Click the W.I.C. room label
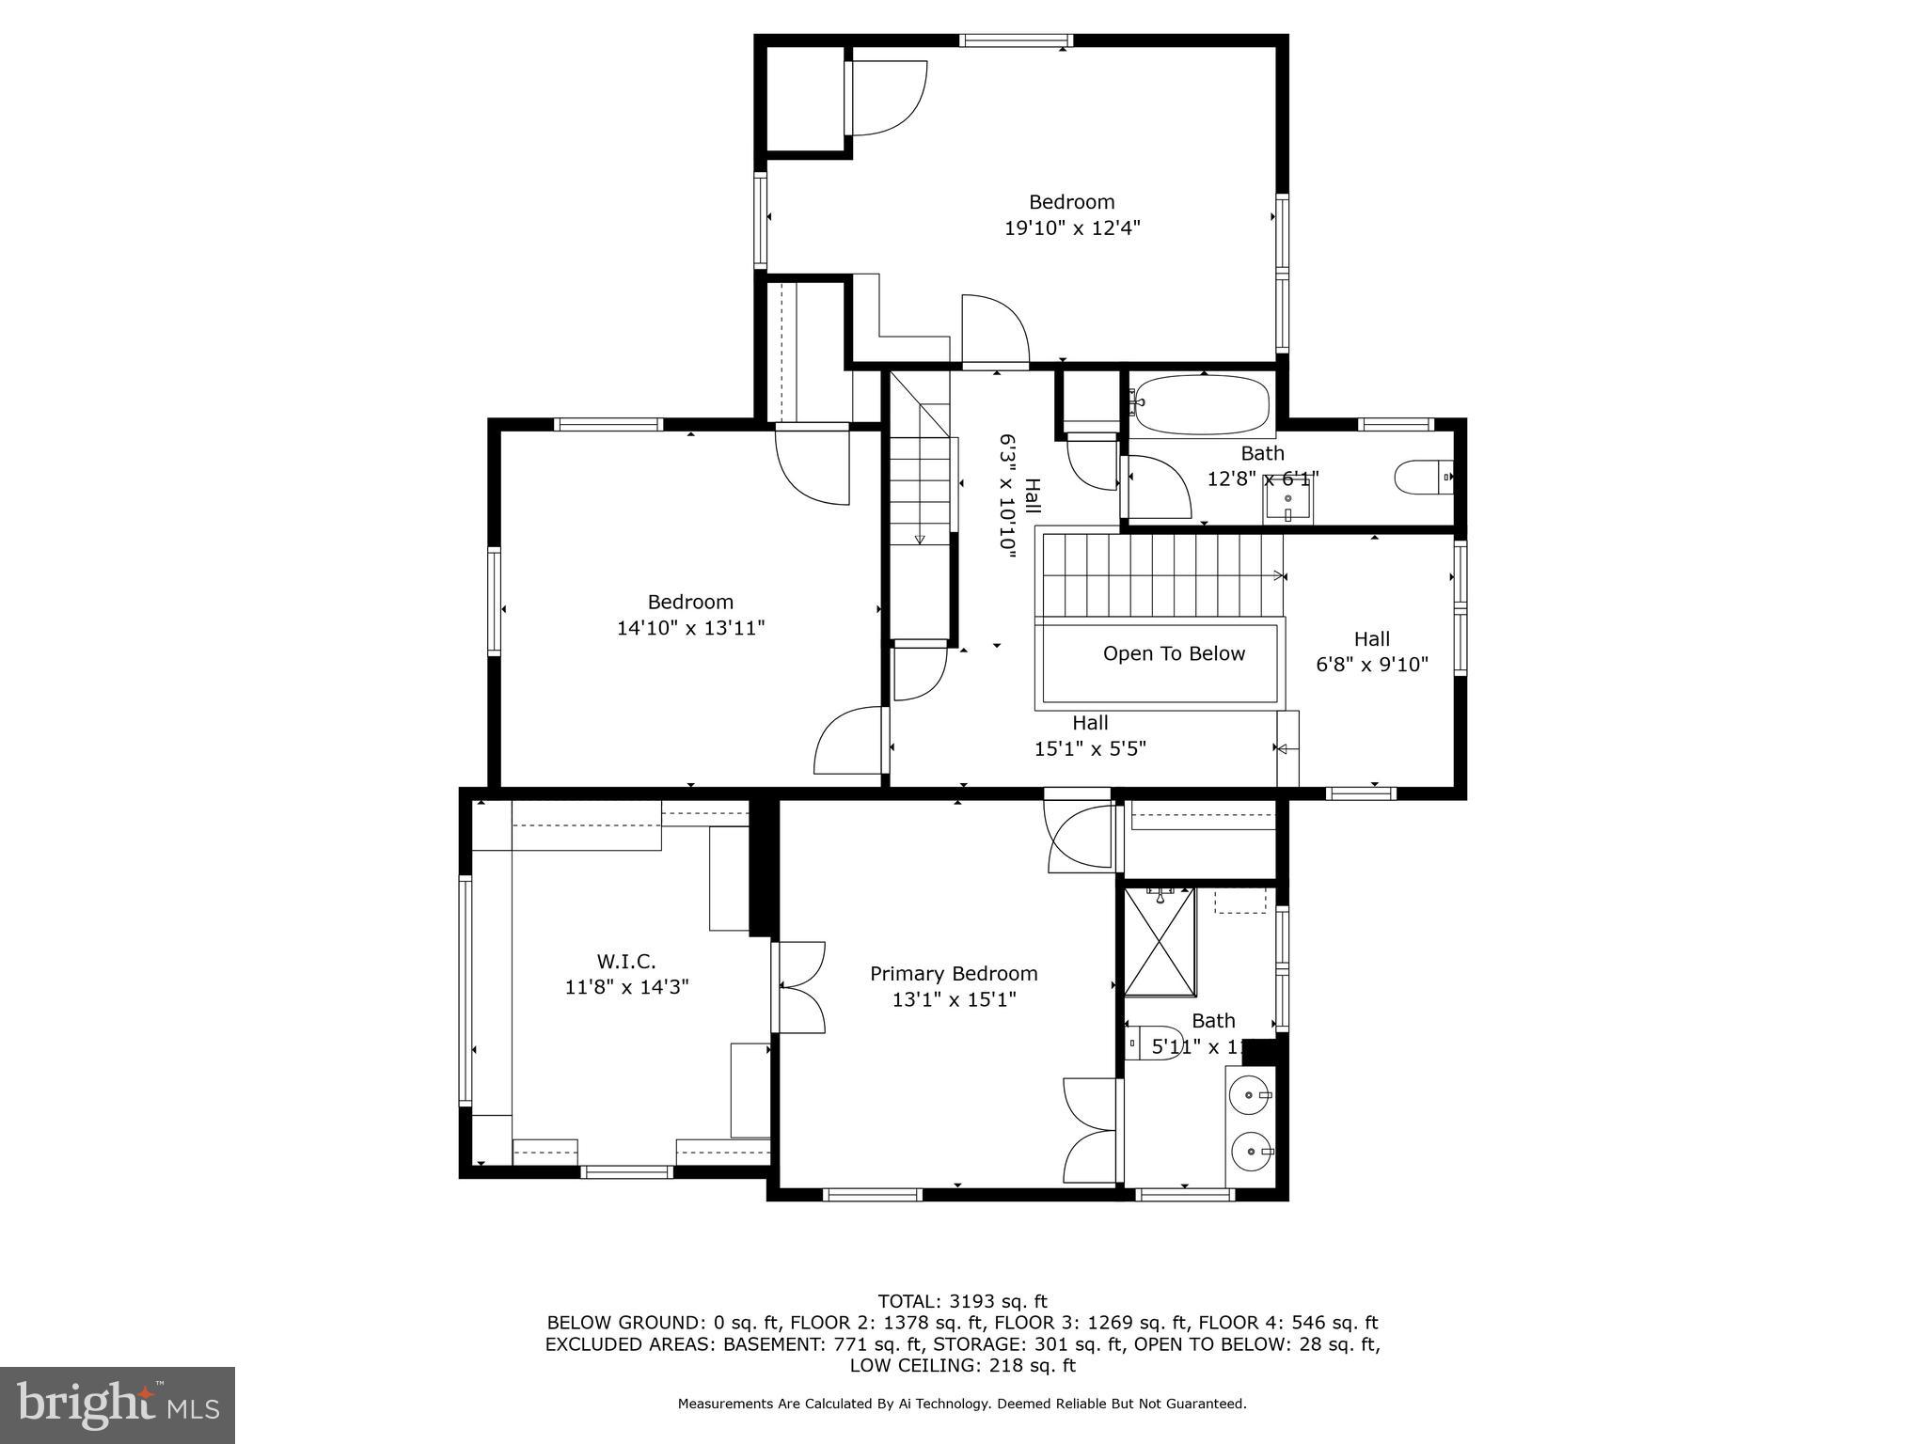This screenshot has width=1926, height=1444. click(x=625, y=962)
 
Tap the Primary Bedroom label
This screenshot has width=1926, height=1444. click(x=954, y=974)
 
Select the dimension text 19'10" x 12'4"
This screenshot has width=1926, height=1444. click(x=1072, y=228)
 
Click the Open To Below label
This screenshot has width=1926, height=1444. click(x=1174, y=654)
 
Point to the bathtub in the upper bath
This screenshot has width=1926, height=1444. click(x=1201, y=404)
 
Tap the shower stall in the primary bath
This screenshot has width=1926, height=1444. click(x=1160, y=941)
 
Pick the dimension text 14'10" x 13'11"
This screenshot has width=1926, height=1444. click(x=690, y=628)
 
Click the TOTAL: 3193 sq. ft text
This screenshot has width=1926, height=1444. click(x=962, y=1302)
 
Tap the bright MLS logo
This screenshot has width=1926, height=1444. click(x=118, y=1405)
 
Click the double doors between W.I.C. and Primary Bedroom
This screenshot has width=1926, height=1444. click(x=797, y=987)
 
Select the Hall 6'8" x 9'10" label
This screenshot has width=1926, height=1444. click(x=1371, y=651)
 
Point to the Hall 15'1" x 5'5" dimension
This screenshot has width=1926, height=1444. click(x=1090, y=749)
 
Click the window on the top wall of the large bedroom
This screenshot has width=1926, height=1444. click(x=1016, y=40)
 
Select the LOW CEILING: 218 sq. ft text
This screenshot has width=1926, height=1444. click(x=962, y=1366)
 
